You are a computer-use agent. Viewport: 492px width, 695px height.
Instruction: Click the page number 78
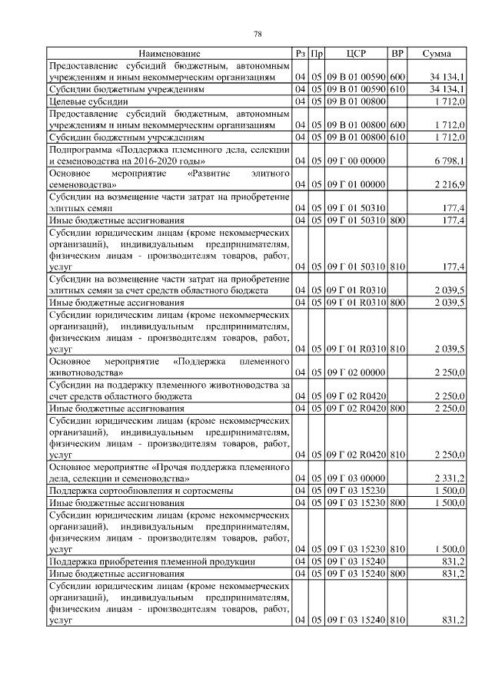tap(258, 33)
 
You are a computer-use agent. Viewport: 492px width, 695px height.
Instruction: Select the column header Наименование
tap(169, 53)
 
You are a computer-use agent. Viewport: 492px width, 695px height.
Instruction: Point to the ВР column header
tap(397, 53)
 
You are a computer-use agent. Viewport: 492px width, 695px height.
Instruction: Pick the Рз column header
tap(300, 53)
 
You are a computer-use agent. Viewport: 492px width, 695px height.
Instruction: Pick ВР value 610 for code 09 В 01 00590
tap(397, 89)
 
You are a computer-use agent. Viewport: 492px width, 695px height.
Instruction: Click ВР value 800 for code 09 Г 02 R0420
tap(397, 408)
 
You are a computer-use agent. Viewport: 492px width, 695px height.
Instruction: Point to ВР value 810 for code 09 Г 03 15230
tap(397, 550)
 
